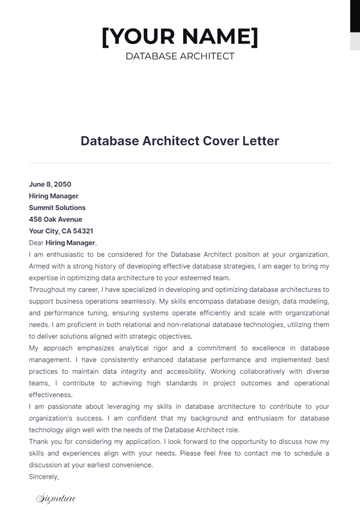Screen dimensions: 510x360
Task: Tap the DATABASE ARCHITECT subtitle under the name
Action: (180, 56)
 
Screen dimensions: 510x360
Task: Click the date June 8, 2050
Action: (51, 185)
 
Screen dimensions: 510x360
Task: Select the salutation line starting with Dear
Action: (62, 242)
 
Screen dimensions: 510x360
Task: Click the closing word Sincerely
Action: (46, 477)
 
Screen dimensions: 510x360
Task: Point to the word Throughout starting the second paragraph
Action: (50, 288)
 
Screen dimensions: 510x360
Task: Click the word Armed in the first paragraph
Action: (41, 265)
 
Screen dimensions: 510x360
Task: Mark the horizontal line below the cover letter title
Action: (180, 163)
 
